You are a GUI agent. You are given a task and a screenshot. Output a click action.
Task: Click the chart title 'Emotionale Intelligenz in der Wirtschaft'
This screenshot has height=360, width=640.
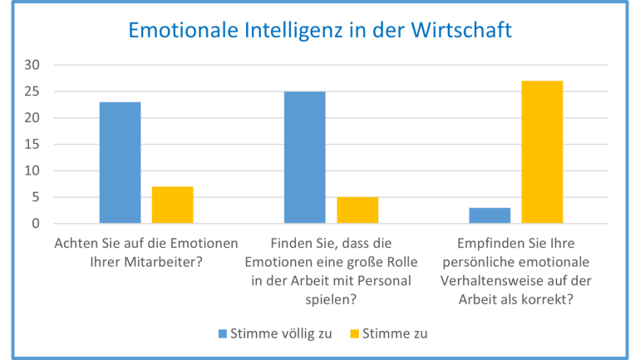point(319,31)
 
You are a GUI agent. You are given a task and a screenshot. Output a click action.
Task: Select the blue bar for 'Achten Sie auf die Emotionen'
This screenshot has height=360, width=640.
point(121,163)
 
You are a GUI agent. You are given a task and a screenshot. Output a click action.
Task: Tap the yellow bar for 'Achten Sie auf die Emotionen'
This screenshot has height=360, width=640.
point(172,205)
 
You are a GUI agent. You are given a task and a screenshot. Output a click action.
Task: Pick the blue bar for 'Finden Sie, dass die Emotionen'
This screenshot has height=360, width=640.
point(305,157)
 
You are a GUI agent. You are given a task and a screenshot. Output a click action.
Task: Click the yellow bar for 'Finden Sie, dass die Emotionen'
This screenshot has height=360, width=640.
point(357,210)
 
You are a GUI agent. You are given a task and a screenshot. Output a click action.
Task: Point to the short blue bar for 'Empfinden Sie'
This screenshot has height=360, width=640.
point(490,215)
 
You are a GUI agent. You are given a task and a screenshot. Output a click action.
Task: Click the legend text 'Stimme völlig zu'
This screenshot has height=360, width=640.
point(282,333)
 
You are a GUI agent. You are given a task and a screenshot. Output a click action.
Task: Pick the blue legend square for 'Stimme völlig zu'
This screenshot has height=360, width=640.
point(223,333)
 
